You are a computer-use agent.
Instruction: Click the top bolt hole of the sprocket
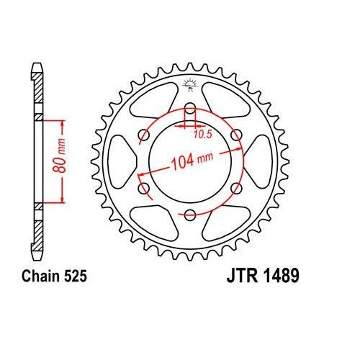190,109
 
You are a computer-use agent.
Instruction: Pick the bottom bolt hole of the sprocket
190,215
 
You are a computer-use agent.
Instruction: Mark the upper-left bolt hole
145,136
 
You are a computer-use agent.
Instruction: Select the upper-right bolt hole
235,136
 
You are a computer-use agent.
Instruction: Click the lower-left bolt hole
145,189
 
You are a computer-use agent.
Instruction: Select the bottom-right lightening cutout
225,223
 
